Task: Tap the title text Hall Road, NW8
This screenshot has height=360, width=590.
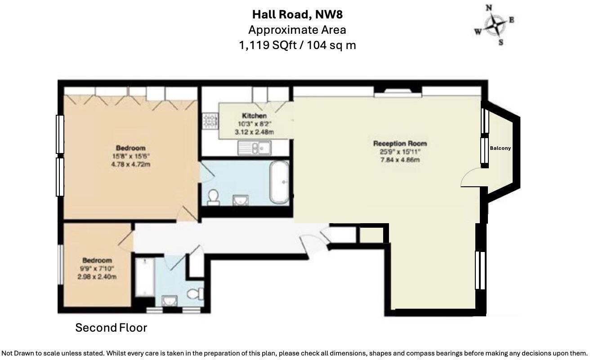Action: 297,14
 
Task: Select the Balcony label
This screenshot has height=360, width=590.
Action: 500,148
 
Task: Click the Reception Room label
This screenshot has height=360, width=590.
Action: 400,144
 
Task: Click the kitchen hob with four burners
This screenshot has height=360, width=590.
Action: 210,121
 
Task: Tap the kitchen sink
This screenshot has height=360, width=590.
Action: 254,147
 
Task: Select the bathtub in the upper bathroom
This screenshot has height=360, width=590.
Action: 279,182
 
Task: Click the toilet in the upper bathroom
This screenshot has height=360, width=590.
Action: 213,197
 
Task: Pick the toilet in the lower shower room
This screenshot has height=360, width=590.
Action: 194,294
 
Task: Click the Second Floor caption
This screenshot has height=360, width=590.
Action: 111,328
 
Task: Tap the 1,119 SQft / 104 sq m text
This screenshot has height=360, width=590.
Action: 297,45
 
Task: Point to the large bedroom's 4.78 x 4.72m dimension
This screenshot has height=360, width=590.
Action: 130,165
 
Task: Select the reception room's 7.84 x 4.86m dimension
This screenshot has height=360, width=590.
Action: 400,159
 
